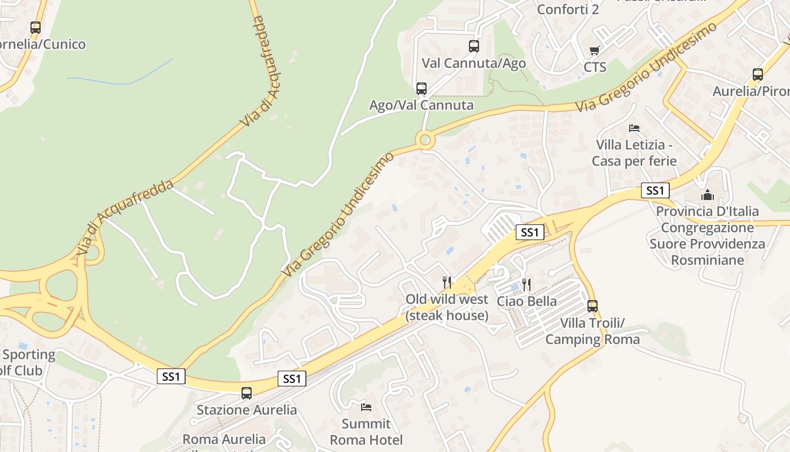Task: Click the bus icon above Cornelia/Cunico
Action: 36,27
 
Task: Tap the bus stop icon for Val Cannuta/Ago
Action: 474,46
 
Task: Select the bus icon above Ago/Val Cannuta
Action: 422,88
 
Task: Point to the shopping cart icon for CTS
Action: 595,51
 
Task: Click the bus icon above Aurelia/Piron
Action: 758,75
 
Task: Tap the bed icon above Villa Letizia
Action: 634,128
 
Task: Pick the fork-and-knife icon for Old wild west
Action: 447,282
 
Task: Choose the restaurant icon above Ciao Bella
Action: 526,284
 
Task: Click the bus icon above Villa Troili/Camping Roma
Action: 592,306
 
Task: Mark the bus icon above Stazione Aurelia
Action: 247,393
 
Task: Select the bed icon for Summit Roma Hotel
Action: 366,407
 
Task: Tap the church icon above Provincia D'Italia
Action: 708,195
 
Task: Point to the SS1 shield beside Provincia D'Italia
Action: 655,190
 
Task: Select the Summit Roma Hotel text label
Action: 366,432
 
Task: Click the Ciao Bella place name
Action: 526,301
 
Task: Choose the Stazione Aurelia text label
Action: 247,410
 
